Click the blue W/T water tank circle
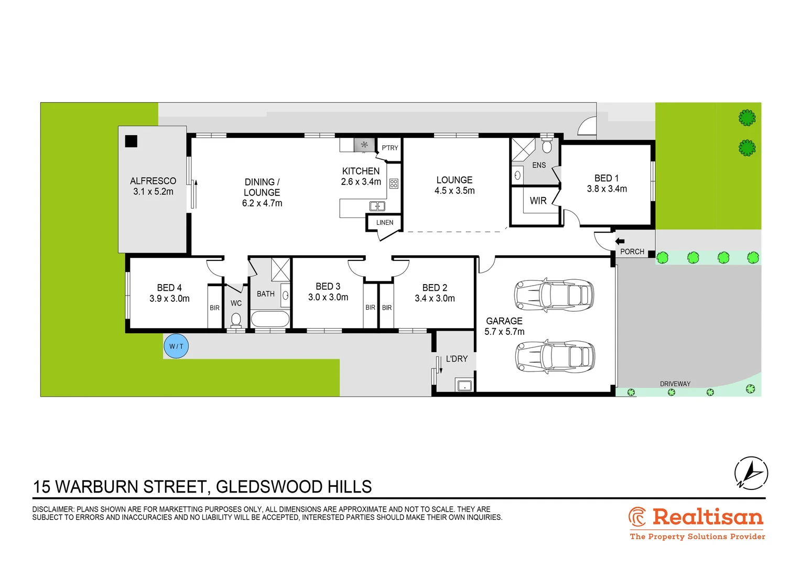[x=176, y=346]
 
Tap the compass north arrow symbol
[x=751, y=473]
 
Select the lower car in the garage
[x=555, y=357]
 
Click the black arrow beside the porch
[x=620, y=242]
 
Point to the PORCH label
[x=632, y=252]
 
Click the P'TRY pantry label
[x=389, y=148]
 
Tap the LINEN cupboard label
[x=384, y=223]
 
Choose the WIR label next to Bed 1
[x=538, y=201]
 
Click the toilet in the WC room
[x=236, y=319]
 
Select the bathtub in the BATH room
[x=269, y=319]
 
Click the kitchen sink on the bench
[x=377, y=206]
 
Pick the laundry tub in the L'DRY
[x=464, y=386]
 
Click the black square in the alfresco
[x=131, y=141]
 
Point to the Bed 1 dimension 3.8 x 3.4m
[x=607, y=189]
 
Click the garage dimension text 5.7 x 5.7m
[x=504, y=332]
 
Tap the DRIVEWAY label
[x=675, y=384]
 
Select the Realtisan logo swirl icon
[x=637, y=517]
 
